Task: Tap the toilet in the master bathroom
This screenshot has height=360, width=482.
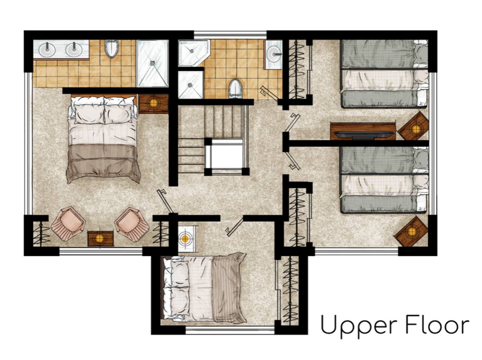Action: tap(111, 48)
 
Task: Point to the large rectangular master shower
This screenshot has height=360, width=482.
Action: tap(153, 63)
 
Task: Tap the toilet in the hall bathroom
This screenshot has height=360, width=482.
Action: tap(235, 88)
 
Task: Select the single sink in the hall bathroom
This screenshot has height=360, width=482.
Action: tap(274, 54)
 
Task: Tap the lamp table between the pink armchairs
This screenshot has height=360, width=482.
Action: tap(100, 238)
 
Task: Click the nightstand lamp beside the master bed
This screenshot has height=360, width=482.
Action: tap(153, 103)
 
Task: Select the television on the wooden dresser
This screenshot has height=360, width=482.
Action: tap(364, 135)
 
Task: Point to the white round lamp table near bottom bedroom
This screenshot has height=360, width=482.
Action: tap(186, 239)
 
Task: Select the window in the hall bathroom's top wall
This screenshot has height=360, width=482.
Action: tap(230, 35)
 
